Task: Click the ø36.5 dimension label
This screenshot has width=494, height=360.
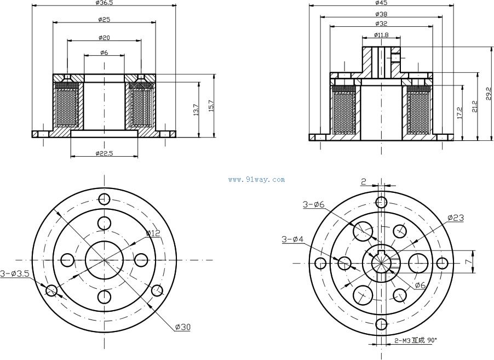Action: pos(104,3)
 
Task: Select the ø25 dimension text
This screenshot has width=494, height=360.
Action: pos(104,20)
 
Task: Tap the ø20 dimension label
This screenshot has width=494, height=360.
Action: pos(104,37)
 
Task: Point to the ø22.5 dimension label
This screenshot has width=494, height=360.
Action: pos(104,153)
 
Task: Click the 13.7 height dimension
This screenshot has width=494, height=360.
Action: pos(196,110)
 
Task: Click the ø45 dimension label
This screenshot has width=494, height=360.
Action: pos(381,3)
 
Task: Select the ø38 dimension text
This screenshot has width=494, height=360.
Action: pos(381,14)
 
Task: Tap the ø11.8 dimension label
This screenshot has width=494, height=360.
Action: pos(381,35)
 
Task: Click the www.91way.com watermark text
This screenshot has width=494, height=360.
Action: pos(256,180)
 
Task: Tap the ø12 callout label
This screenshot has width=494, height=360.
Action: pos(153,234)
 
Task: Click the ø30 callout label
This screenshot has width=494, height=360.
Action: pos(183,327)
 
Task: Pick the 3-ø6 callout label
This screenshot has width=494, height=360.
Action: pos(314,204)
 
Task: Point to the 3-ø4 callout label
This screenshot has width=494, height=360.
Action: pos(292,239)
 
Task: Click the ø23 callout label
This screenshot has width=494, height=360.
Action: pos(456,218)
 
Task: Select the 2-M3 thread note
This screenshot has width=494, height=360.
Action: pos(413,341)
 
